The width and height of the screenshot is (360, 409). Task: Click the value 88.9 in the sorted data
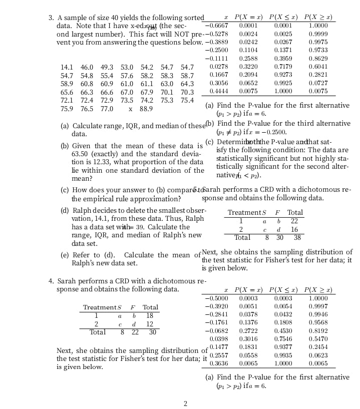146,109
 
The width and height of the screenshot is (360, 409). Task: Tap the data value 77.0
107,109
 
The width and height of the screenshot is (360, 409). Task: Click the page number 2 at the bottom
185,403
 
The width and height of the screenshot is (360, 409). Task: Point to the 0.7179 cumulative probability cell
283,67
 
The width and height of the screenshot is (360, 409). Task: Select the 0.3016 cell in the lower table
248,339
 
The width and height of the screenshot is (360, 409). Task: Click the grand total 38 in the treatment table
297,238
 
